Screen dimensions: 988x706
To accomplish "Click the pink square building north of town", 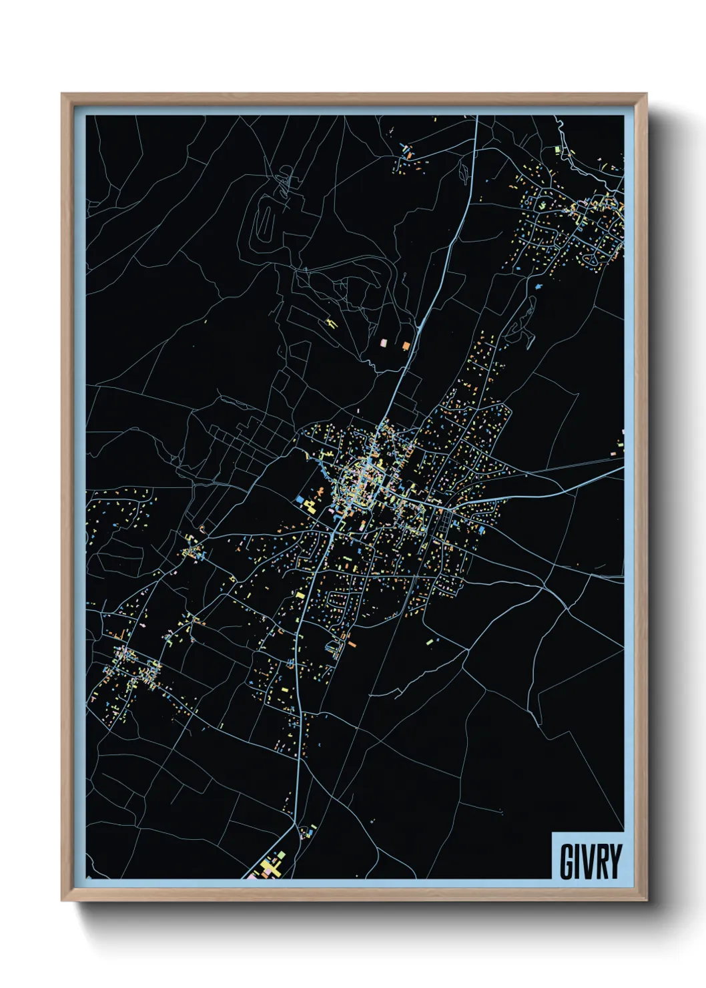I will coord(384,343).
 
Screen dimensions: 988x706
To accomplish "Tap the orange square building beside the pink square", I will coord(406,344).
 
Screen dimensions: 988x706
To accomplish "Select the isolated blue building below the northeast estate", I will coord(538,286).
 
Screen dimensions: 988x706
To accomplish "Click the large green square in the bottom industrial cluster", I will coord(281,854).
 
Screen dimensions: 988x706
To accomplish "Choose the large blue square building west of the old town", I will coord(300,499).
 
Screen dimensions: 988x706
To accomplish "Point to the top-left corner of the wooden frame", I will coord(62,94).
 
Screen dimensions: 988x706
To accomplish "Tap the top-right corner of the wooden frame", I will coord(646,94).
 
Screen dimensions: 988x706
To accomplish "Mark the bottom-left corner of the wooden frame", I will coord(62,901).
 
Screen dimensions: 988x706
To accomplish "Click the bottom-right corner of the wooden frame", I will coord(646,901).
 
